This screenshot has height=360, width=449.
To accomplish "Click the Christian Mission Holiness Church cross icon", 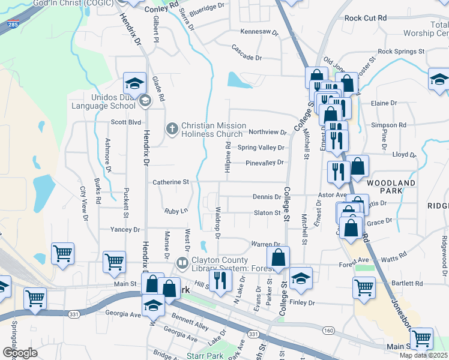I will [172, 128].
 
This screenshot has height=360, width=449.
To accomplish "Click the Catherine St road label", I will [170, 181].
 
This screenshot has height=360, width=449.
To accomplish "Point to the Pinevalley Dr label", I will [264, 163].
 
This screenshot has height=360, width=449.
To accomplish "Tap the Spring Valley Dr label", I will [261, 148].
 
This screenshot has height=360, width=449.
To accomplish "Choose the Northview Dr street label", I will [268, 132].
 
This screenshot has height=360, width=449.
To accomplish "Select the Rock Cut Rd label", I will [366, 18].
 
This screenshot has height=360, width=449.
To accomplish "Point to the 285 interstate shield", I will [13, 25].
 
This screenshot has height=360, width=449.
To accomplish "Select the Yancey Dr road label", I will [125, 230].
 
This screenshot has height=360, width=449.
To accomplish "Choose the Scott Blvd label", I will [125, 121].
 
